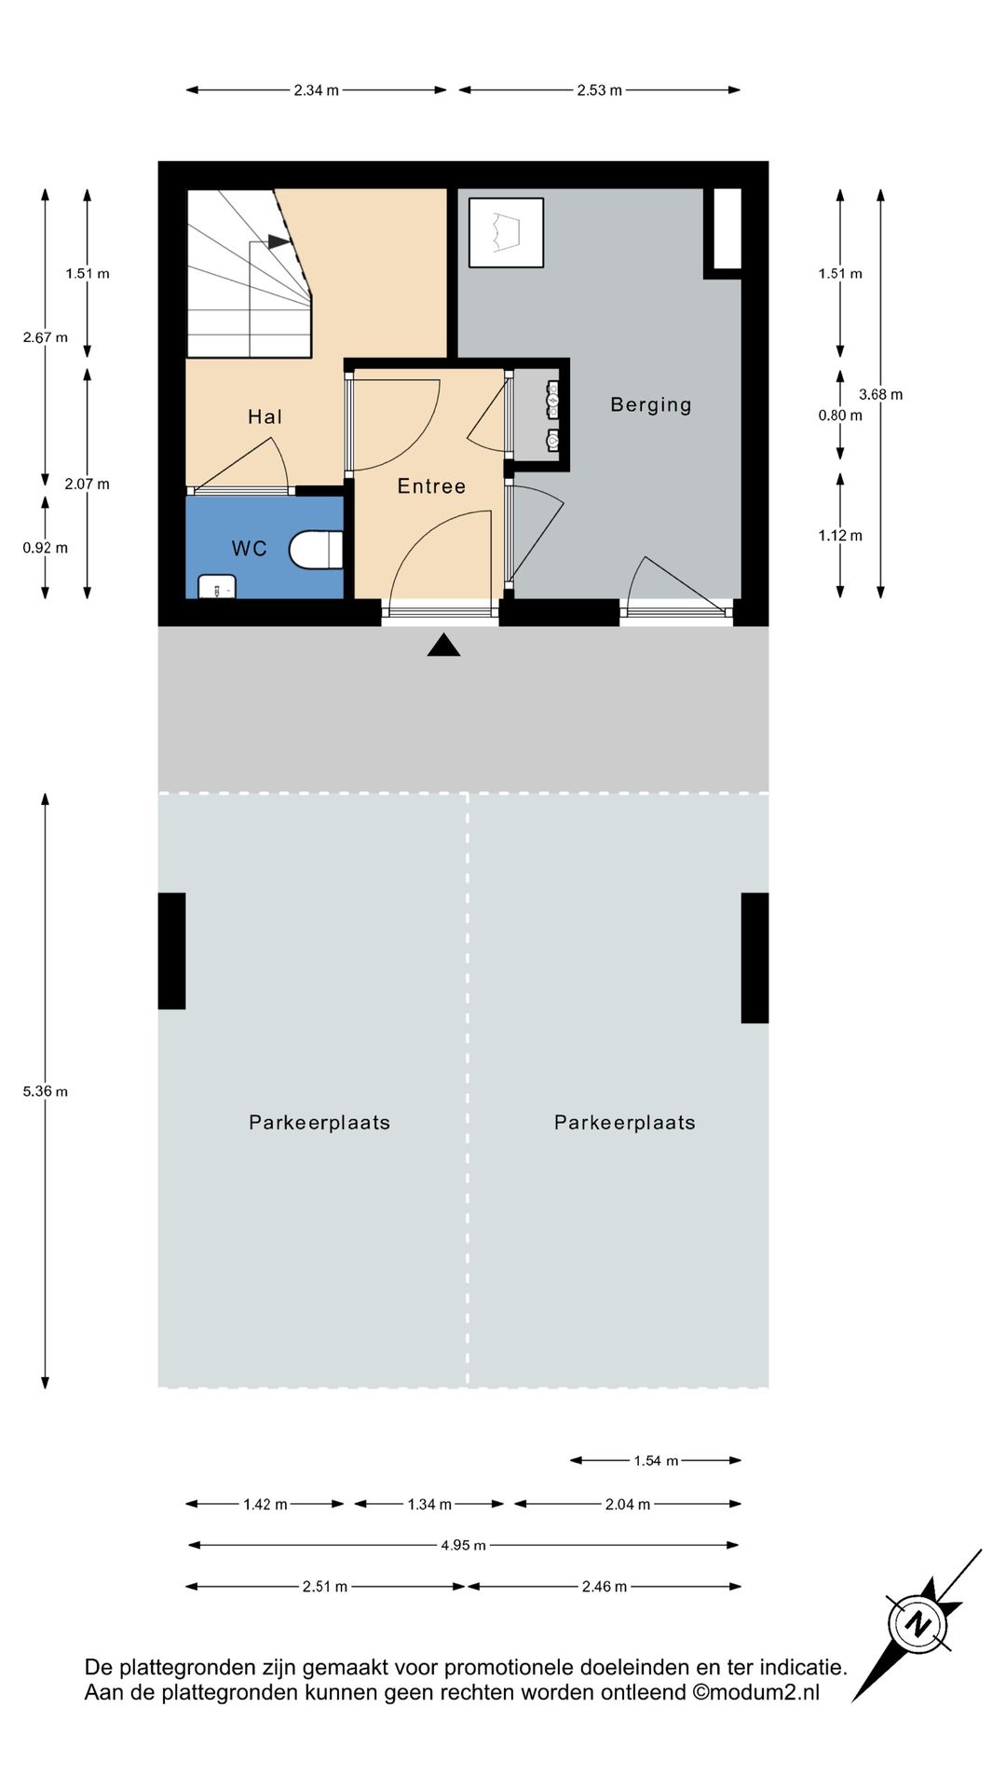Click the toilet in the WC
(x=316, y=550)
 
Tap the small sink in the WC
(x=217, y=586)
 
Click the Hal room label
(x=265, y=417)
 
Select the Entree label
(x=431, y=485)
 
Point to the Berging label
(x=651, y=404)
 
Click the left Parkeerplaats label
(x=319, y=1123)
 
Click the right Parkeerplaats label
(x=625, y=1123)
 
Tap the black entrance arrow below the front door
(x=443, y=645)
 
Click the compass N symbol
(x=918, y=1624)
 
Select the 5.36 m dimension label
(x=46, y=1091)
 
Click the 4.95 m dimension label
(x=463, y=1545)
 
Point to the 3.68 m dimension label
(x=880, y=394)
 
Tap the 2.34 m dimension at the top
(x=317, y=90)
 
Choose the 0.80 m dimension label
(x=840, y=416)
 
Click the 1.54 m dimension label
(x=656, y=1460)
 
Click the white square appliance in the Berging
(x=506, y=233)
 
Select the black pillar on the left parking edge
(x=171, y=950)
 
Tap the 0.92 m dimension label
(x=46, y=548)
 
